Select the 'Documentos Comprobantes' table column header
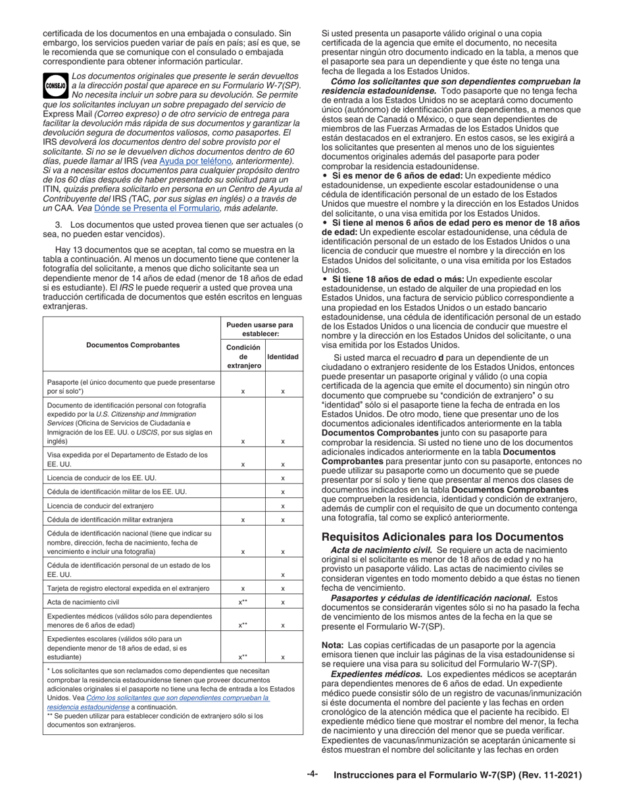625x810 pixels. (x=132, y=344)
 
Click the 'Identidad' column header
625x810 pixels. (x=282, y=356)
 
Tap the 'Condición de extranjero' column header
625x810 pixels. (x=243, y=356)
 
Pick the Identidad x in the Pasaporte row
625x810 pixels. (x=282, y=391)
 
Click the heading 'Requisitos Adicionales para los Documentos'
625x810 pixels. (x=441, y=537)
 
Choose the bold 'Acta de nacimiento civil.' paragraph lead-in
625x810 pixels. (x=380, y=549)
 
